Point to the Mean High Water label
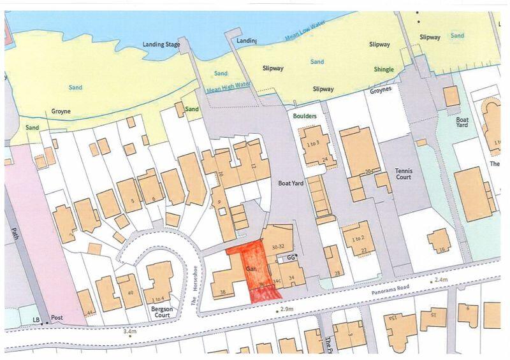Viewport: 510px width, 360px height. tap(228, 85)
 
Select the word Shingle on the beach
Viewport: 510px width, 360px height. tap(384, 69)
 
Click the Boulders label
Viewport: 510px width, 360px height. tap(305, 117)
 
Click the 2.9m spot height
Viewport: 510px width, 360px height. tap(284, 309)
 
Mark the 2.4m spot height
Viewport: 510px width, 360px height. tap(440, 280)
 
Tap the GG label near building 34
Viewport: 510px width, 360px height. tap(291, 257)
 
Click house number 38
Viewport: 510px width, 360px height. tap(223, 292)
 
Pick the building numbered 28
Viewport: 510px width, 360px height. tap(337, 273)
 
